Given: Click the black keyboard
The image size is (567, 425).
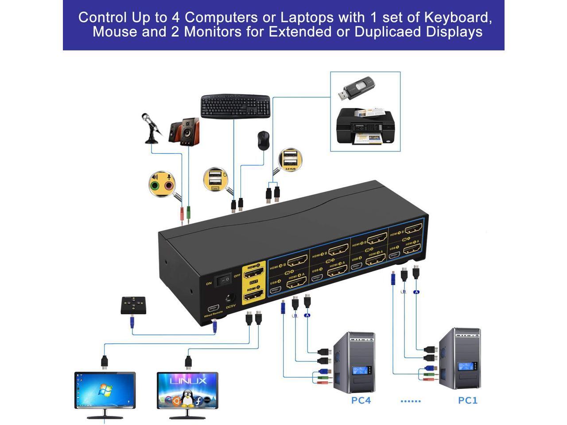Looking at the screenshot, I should [x=235, y=106].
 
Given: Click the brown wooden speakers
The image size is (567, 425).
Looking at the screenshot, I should [x=184, y=131].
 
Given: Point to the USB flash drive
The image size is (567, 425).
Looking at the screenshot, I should [x=357, y=89].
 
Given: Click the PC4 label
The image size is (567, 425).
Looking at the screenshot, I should [x=361, y=401].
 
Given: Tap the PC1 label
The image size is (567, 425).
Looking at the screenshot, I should [x=468, y=401].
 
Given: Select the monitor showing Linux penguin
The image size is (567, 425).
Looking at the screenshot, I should [x=187, y=391].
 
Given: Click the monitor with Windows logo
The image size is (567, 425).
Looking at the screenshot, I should [x=105, y=391].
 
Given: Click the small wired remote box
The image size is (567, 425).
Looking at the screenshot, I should [x=133, y=305].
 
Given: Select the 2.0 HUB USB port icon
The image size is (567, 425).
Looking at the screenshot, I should [x=290, y=160].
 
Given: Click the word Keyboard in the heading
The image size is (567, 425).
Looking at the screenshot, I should [x=458, y=17].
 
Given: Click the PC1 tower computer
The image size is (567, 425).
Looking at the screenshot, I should [x=459, y=359].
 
